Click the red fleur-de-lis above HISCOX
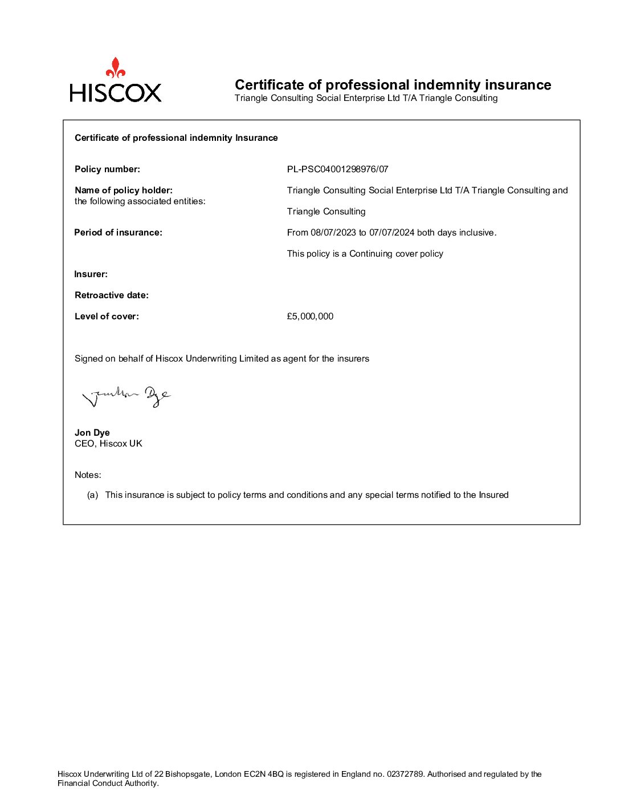116,67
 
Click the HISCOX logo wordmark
116,92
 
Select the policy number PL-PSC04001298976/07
337,169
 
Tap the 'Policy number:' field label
107,169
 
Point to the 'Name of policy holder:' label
124,190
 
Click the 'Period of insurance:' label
119,233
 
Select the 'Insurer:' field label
91,274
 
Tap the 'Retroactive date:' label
112,295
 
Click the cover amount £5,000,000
310,317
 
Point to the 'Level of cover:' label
107,317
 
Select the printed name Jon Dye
92,433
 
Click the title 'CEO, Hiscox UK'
108,444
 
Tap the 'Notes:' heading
88,475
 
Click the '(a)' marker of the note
92,495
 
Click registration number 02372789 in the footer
405,774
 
